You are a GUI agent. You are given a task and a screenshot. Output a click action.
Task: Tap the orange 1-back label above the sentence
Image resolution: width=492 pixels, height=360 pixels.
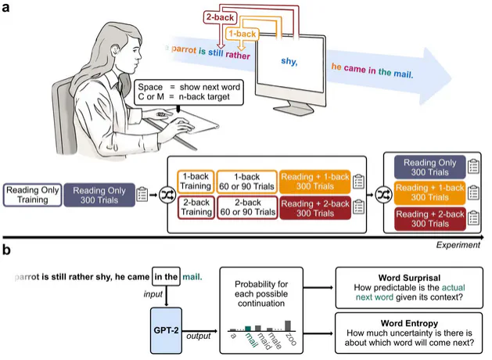point(242,34)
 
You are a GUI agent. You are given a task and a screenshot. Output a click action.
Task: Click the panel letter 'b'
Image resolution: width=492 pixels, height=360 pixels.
point(5,253)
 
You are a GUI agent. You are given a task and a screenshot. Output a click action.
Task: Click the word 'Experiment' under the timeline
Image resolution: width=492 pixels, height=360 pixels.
point(459,245)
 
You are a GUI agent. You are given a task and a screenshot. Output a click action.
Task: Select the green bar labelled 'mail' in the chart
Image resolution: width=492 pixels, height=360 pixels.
point(249,329)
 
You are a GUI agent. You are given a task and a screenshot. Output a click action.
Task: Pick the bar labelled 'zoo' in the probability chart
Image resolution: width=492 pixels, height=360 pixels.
point(289,325)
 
